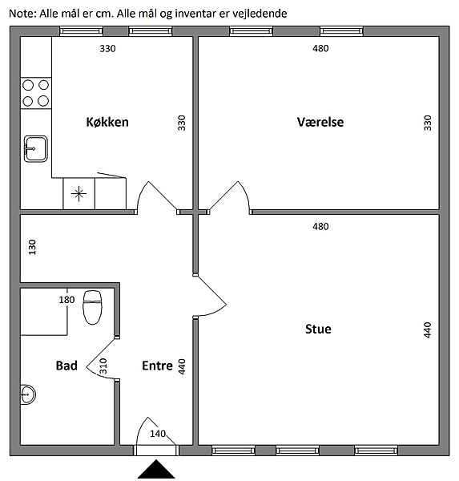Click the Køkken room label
pos(107,122)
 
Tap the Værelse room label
pos(320,122)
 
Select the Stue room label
pos(318,329)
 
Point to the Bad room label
pos(66,366)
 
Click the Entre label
pos(157,366)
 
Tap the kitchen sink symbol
pos(36,149)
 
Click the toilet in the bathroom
pos(92,307)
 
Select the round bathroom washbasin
pos(27,394)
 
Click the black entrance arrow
pos(156,469)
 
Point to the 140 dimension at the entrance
pos(158,434)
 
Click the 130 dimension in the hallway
pos(32,247)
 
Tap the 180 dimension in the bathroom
pos(66,299)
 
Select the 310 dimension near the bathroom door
pos(103,366)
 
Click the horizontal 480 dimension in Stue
pos(320,226)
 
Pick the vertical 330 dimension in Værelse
pos(428,123)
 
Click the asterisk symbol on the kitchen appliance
pos(79,193)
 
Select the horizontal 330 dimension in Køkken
pos(107,48)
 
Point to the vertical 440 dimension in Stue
pos(428,329)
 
